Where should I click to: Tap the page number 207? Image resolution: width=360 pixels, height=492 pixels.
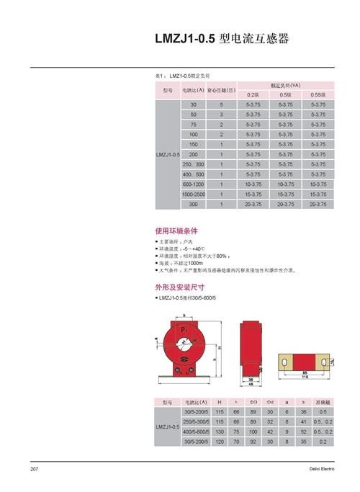coord(34,469)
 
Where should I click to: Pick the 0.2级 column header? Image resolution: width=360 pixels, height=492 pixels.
coord(252,95)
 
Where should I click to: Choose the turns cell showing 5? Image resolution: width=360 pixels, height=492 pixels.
coord(221,105)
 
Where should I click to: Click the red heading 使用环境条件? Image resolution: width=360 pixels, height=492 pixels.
coord(176,231)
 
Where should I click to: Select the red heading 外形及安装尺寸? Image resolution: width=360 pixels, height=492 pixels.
coord(180,286)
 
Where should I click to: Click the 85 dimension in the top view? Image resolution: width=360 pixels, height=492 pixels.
coord(305,372)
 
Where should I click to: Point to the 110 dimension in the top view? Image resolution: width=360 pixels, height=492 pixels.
coord(305,378)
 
